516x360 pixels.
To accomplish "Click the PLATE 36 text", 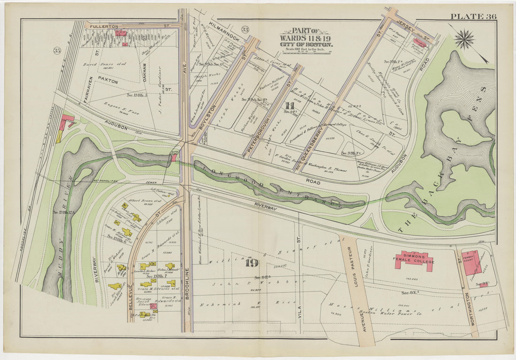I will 473,17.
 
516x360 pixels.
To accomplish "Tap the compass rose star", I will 464,39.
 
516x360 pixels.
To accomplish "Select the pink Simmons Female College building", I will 414,261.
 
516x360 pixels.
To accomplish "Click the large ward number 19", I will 252,262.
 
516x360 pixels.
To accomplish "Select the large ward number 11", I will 289,105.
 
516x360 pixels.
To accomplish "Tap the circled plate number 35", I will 57,50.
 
